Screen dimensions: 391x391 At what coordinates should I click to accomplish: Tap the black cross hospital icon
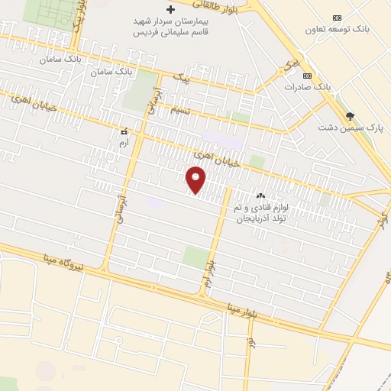[170, 10]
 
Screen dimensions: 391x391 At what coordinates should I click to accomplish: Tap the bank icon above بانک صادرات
[307, 76]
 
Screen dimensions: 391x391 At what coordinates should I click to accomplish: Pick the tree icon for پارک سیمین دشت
[351, 116]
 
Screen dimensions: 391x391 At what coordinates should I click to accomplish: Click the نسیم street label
[180, 111]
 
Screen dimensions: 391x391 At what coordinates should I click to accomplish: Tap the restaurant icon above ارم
[124, 131]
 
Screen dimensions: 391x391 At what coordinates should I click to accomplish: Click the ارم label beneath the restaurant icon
[124, 143]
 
